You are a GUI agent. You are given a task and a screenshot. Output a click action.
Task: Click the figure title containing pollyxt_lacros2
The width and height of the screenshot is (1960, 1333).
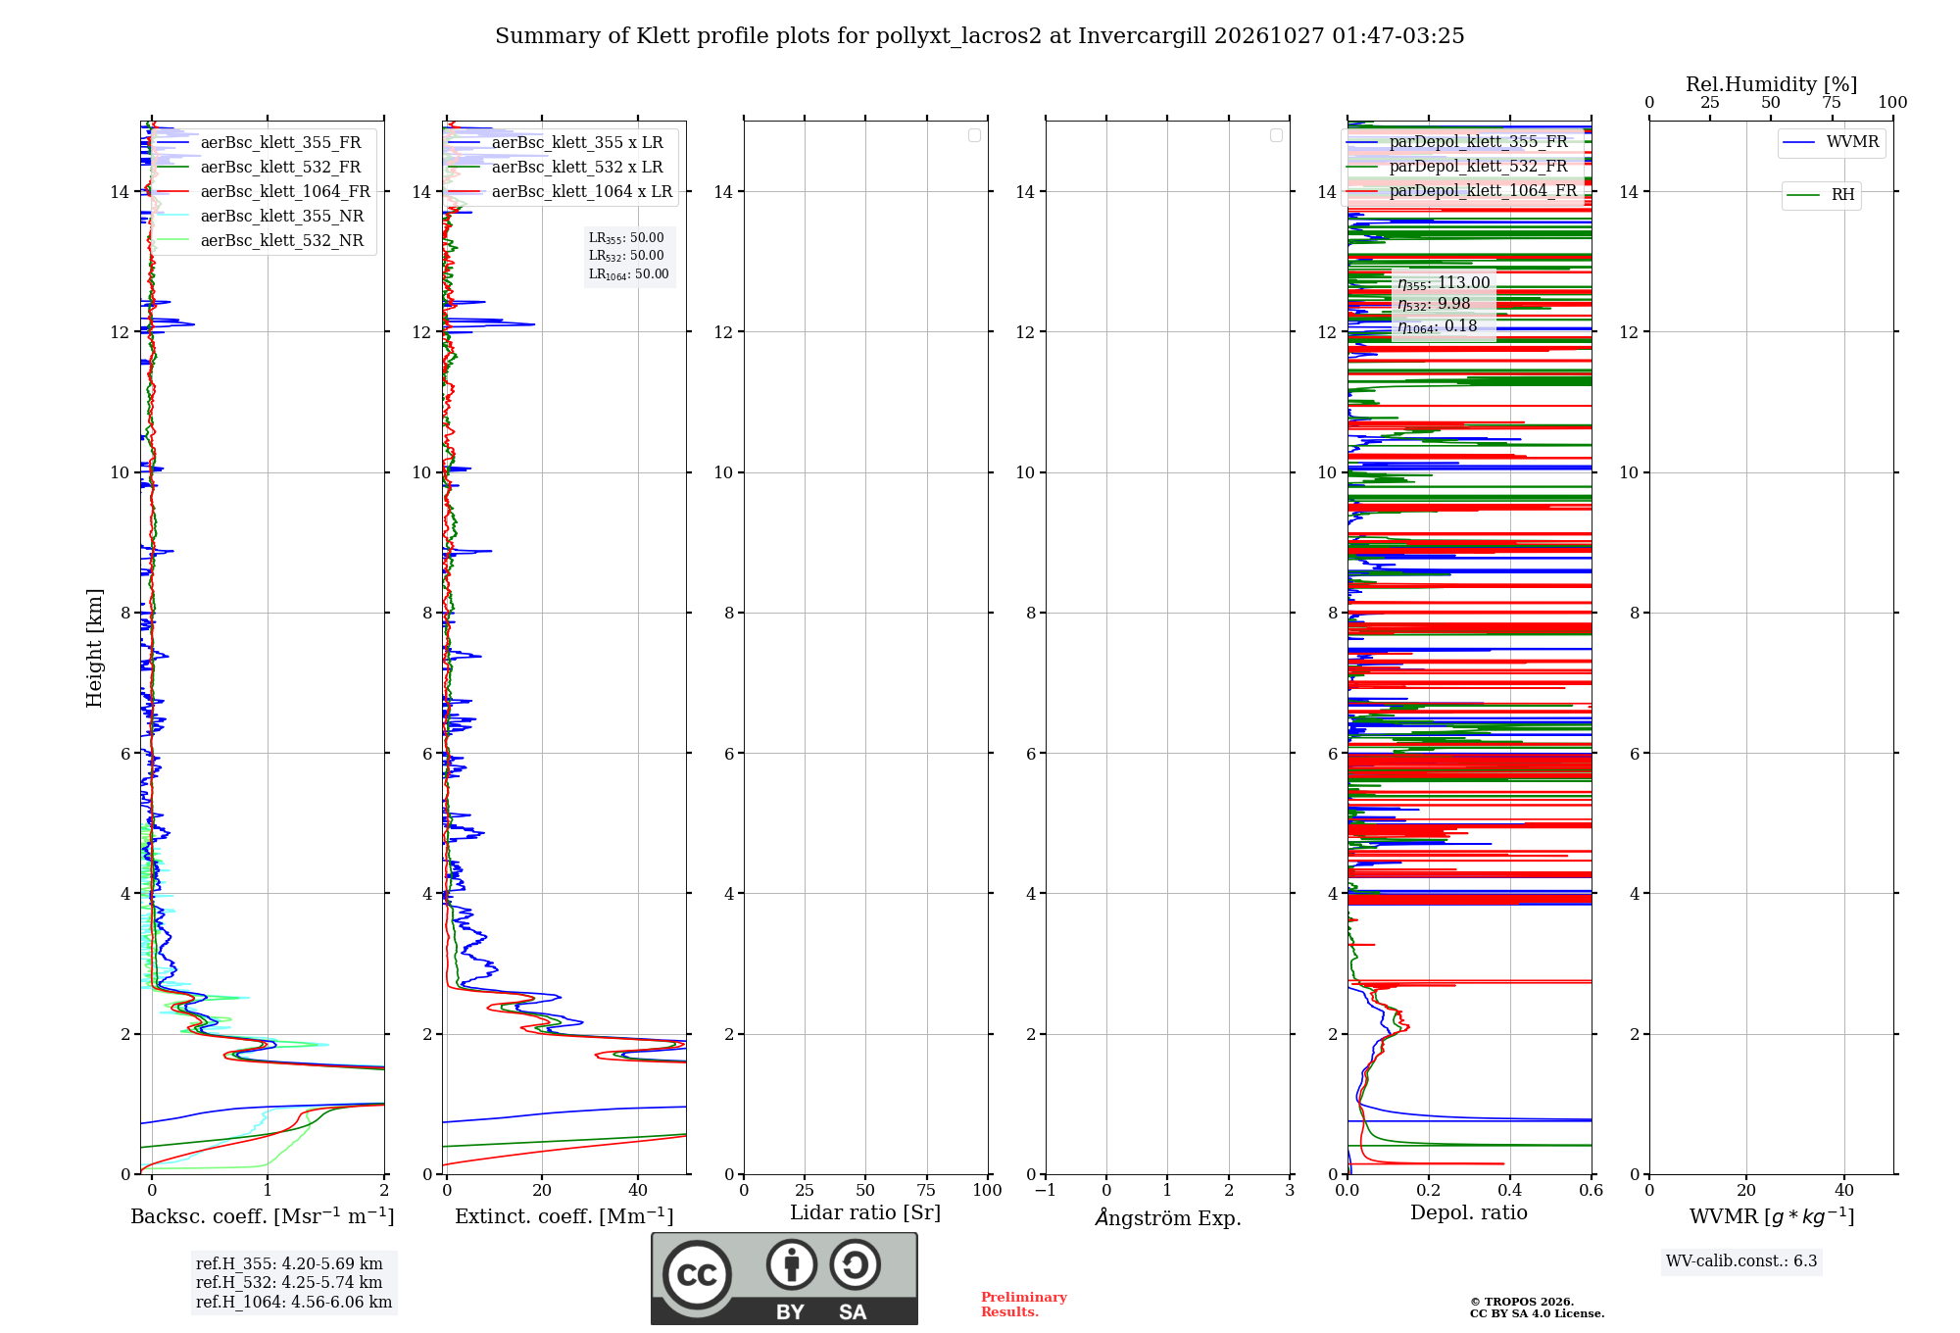[x=979, y=36]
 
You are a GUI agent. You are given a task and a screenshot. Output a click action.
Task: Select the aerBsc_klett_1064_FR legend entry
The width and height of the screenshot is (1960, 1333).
[x=263, y=192]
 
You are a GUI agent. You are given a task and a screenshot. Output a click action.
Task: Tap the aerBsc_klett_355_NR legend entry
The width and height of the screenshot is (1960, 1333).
[x=260, y=217]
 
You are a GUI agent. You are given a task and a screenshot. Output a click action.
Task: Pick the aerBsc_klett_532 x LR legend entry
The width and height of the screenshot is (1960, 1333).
[x=556, y=168]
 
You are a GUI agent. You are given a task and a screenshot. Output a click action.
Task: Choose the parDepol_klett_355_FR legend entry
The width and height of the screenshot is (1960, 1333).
[x=1457, y=142]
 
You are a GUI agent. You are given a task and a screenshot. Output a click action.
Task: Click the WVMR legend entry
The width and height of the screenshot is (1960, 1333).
[x=1831, y=142]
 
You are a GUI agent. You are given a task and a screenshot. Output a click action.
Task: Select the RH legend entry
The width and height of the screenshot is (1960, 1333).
[x=1821, y=195]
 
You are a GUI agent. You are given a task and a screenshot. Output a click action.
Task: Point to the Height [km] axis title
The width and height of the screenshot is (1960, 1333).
[x=94, y=648]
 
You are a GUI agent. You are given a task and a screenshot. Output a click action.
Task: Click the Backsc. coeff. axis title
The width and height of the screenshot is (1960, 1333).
[x=263, y=1216]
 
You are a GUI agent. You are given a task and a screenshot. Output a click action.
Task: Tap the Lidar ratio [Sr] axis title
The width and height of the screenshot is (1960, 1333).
[x=865, y=1213]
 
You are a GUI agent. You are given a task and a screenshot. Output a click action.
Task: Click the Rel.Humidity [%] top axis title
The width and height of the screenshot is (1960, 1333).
[x=1771, y=84]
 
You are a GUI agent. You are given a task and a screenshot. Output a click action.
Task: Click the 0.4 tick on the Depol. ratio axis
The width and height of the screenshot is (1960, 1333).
[x=1510, y=1190]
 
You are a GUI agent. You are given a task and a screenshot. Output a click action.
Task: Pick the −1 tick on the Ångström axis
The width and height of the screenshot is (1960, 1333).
[x=1046, y=1190]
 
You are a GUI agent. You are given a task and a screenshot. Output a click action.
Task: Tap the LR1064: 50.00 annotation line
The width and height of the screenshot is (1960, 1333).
[x=628, y=274]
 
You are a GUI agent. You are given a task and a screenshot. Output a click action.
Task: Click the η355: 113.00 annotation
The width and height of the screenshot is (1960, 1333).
[x=1444, y=283]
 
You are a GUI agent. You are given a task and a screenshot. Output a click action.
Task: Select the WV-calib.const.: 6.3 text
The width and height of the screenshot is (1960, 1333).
[x=1741, y=1261]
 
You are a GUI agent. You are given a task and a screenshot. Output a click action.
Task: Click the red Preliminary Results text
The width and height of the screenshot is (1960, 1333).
[x=1024, y=1305]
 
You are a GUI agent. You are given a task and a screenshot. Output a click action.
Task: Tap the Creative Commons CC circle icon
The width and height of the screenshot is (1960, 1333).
[x=697, y=1275]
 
